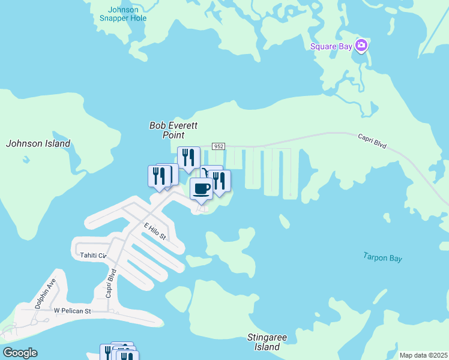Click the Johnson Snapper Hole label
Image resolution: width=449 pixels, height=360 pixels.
click(123, 14)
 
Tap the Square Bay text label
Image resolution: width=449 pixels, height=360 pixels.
click(331, 46)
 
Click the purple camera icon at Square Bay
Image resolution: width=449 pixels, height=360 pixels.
click(361, 45)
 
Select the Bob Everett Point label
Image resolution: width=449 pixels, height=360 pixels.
click(173, 130)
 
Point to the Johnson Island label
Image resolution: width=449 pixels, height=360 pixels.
click(38, 143)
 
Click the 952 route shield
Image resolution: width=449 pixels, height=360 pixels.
click(218, 147)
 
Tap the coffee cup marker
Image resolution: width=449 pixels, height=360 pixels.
click(201, 188)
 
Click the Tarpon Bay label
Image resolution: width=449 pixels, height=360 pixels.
click(382, 257)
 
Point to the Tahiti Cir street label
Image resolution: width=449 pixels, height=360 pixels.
click(93, 256)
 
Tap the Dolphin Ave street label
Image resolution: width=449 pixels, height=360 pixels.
click(46, 293)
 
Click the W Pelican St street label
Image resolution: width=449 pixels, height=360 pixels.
click(72, 311)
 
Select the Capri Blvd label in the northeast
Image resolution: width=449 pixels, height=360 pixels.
click(373, 141)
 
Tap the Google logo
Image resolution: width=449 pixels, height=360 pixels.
click(20, 353)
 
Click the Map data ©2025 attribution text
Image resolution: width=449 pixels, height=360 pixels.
click(423, 355)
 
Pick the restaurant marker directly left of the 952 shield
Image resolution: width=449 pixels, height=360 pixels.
click(188, 158)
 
